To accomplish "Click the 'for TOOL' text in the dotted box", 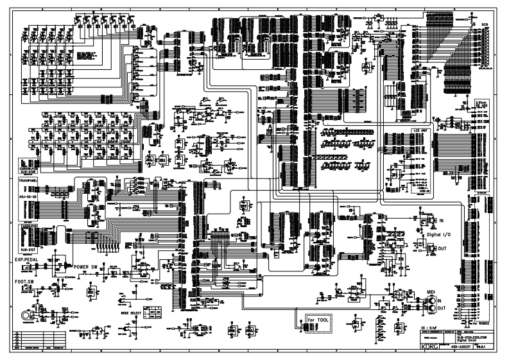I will coord(317,320).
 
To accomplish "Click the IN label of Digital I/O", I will coord(442,221).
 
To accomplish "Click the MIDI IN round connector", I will coord(433,300).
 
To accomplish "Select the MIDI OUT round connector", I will coord(433,308).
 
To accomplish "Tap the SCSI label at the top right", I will coord(485,23).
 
